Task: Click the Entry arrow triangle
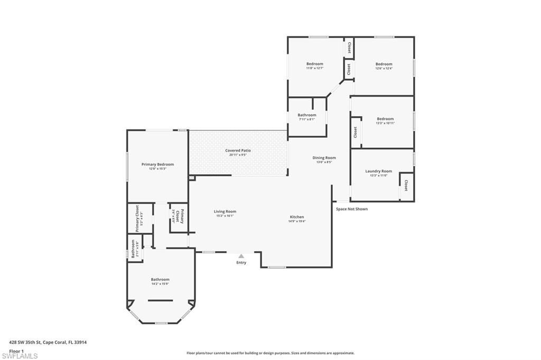point(241,256)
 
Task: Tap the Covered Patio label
point(238,151)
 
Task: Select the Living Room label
point(225,212)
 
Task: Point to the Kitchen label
point(296,217)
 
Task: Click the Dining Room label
point(324,158)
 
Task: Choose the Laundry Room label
point(378,171)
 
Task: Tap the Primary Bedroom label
point(157,164)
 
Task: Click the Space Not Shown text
point(352,209)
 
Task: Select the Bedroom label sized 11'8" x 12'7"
point(314,64)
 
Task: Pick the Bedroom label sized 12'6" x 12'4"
point(384,64)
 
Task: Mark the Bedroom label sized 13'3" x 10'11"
point(385,119)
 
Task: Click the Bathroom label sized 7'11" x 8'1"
point(306,115)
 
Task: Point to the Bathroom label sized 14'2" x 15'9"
point(160,279)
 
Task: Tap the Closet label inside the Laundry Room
point(406,186)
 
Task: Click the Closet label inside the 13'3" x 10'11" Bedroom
point(356,132)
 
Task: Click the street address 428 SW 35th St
point(48,342)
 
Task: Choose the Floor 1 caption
point(17,350)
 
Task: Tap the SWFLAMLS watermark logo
point(20,356)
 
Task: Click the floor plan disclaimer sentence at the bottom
point(270,353)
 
